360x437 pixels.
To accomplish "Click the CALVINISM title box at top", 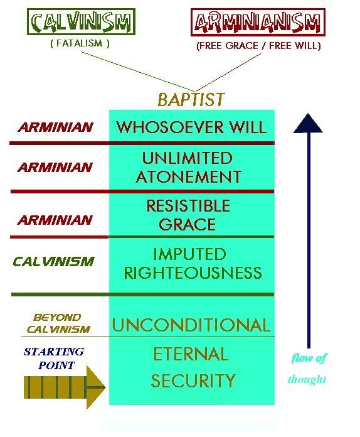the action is click(x=81, y=21).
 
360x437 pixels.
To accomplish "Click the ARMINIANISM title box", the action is click(x=258, y=23).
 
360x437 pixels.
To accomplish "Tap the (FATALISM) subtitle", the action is click(x=80, y=43).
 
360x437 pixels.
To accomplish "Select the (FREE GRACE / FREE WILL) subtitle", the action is click(x=258, y=46).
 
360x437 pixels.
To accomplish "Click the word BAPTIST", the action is click(x=191, y=99).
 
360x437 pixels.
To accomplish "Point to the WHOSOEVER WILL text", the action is click(x=191, y=127).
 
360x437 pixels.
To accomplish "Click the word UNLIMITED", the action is click(x=188, y=158).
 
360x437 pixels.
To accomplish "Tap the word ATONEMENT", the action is click(x=189, y=176).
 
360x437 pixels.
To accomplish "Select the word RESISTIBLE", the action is click(x=188, y=205).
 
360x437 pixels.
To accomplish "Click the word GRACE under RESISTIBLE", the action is click(x=188, y=224).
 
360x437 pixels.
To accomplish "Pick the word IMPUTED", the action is click(x=190, y=254).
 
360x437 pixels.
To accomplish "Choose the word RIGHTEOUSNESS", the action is click(x=193, y=272).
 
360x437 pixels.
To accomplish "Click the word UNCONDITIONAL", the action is click(x=191, y=325).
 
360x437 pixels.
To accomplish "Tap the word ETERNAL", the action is click(x=191, y=354).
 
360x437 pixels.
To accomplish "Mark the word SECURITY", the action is click(x=193, y=380).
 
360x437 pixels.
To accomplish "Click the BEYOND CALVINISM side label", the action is click(x=58, y=323).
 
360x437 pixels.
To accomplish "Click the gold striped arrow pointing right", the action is click(x=65, y=387).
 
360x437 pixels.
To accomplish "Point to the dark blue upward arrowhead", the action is click(x=308, y=123).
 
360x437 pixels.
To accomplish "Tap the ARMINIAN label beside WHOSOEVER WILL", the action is click(x=55, y=127).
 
